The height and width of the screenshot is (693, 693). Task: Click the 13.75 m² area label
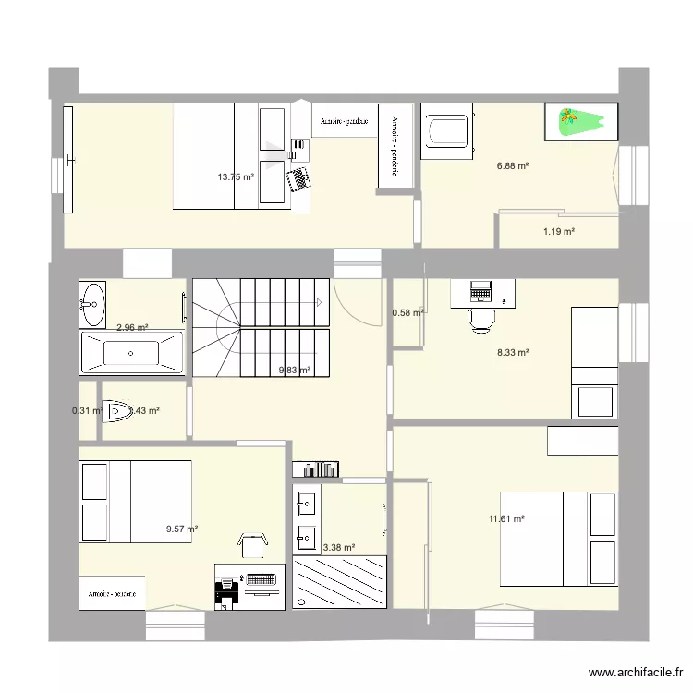coord(236,176)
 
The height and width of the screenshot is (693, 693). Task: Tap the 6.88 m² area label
coord(513,166)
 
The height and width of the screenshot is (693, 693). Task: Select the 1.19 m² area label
coord(559,231)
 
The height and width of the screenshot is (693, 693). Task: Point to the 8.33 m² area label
coord(513,352)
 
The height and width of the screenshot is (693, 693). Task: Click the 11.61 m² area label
coord(506,519)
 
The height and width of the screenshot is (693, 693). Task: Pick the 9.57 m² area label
coord(182,529)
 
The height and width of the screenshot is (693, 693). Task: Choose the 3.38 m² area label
coord(338,547)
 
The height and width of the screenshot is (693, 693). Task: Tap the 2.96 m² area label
coord(133,326)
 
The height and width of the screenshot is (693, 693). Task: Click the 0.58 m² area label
coord(407,312)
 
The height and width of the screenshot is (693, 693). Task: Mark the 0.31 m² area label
coord(88,411)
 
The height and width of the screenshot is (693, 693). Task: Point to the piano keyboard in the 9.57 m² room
coord(261,579)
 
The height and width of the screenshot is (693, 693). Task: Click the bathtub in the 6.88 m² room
coord(447,128)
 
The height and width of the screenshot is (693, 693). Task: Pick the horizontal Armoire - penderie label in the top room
coord(344,121)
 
